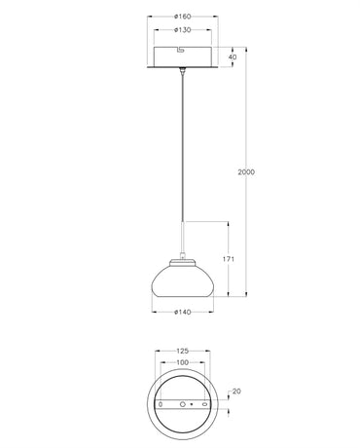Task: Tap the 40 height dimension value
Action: tap(231, 57)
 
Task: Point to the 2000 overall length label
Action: tap(247, 172)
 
